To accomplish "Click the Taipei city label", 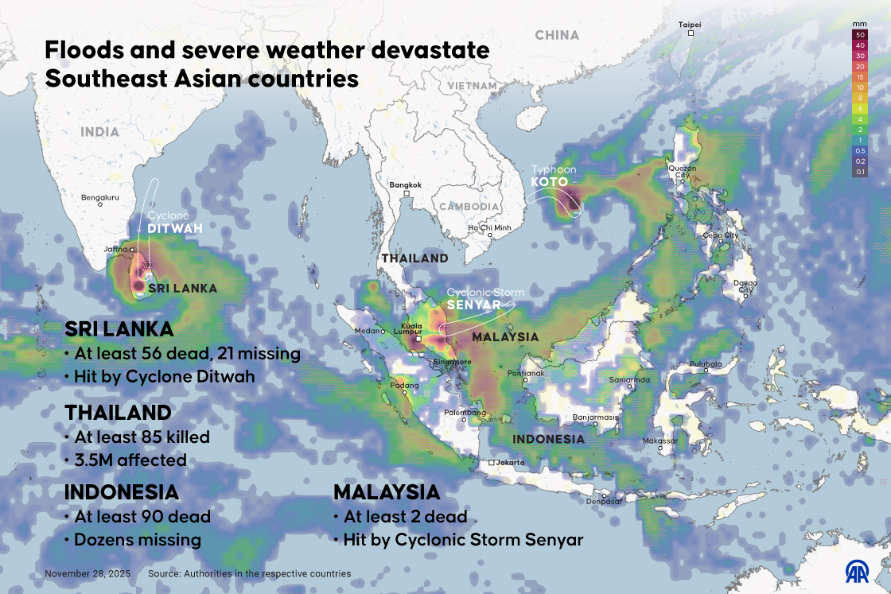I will pyautogui.click(x=690, y=25).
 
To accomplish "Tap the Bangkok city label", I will pyautogui.click(x=405, y=184).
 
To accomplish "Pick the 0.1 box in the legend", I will pyautogui.click(x=860, y=171).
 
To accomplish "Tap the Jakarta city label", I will pyautogui.click(x=510, y=462).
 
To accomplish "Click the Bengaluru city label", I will pyautogui.click(x=100, y=196).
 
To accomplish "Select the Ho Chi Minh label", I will pyautogui.click(x=489, y=227).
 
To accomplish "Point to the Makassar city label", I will pyautogui.click(x=660, y=441).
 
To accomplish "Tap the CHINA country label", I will pyautogui.click(x=557, y=35).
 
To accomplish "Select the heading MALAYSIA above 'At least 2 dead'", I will pyautogui.click(x=387, y=491).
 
